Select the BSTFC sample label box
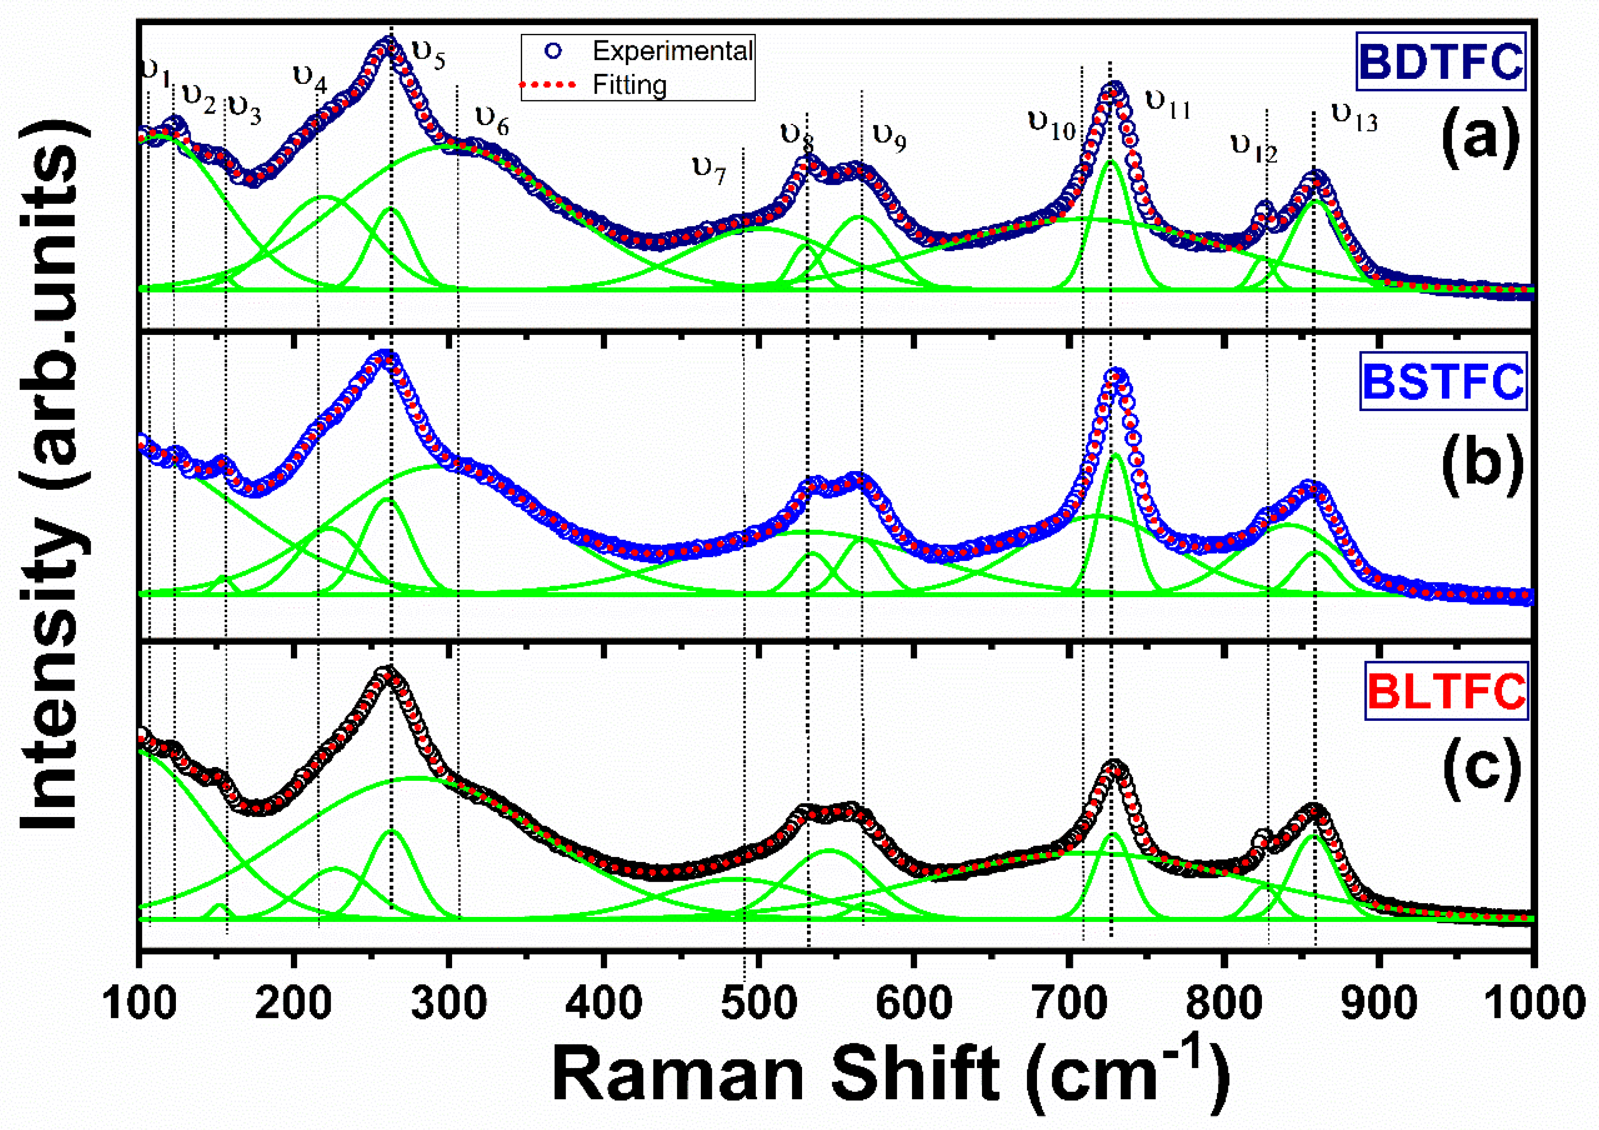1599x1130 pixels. tap(1442, 381)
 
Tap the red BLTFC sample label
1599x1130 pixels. tap(1446, 691)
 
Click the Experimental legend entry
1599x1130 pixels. tap(671, 51)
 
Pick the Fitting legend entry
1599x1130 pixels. tap(629, 85)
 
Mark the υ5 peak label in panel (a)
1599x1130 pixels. tap(428, 55)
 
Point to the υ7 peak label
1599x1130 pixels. tap(709, 169)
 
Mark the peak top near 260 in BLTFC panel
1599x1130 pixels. tap(386, 675)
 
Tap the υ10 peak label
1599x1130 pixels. tap(1052, 126)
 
